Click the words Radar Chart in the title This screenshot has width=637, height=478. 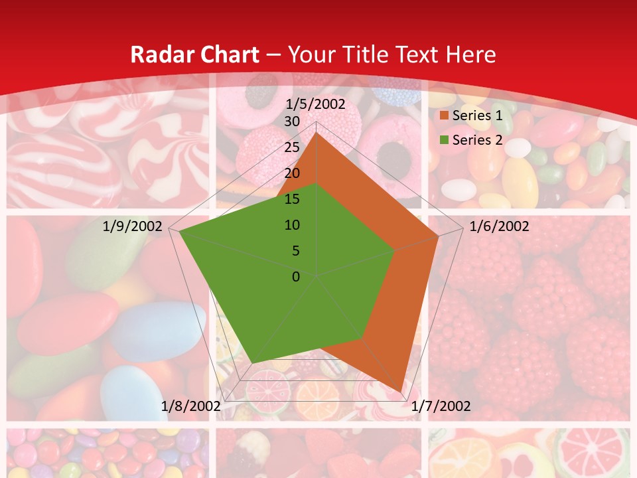[x=195, y=55]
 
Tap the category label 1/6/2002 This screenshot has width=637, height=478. [x=499, y=226]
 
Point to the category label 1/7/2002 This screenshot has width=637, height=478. [x=441, y=406]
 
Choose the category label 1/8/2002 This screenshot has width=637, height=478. [x=191, y=406]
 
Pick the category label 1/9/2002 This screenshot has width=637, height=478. [x=133, y=226]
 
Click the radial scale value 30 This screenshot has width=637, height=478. [x=291, y=121]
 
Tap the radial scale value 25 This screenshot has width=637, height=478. [x=291, y=147]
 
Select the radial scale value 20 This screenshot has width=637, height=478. [x=291, y=173]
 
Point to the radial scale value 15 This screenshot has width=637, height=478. [x=291, y=199]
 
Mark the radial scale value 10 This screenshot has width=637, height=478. [x=291, y=225]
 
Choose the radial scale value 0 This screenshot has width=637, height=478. [x=296, y=277]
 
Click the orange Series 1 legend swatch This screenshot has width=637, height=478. [x=443, y=116]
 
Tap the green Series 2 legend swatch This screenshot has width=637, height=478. [x=443, y=140]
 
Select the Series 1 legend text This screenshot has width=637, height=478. [x=476, y=116]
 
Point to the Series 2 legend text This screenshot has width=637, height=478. [x=476, y=140]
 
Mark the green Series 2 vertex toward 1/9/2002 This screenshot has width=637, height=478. [x=178, y=231]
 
